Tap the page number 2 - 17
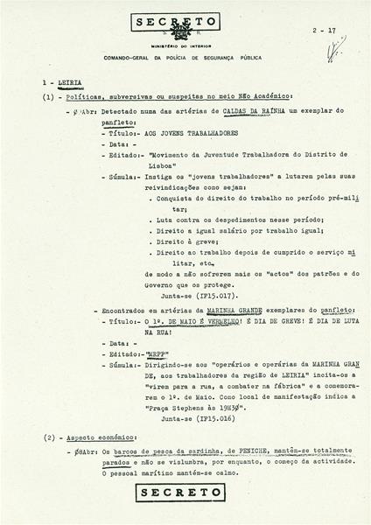325,31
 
